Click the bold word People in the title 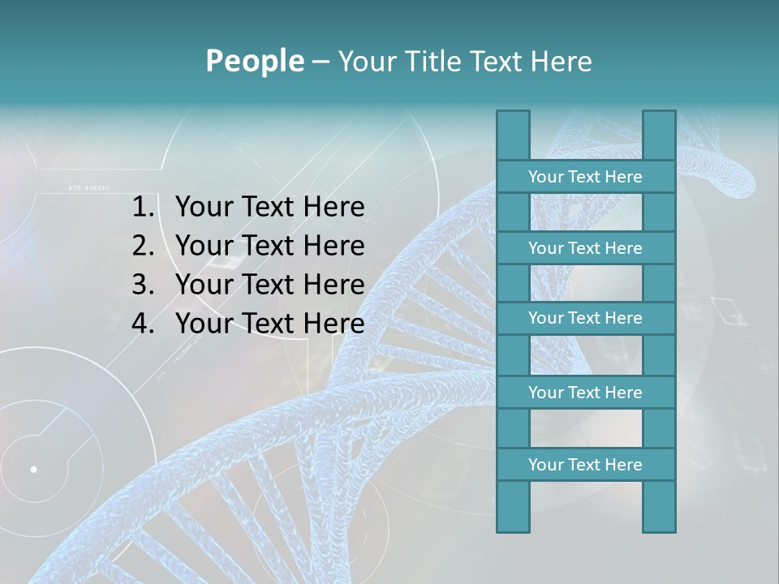pyautogui.click(x=254, y=61)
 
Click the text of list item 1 pyautogui.click(x=269, y=208)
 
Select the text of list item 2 pyautogui.click(x=269, y=246)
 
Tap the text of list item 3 pyautogui.click(x=269, y=285)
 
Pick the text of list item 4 pyautogui.click(x=269, y=324)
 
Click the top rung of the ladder pyautogui.click(x=585, y=177)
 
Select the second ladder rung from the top pyautogui.click(x=585, y=248)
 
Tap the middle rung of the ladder pyautogui.click(x=585, y=318)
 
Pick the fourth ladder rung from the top pyautogui.click(x=585, y=393)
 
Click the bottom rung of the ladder pyautogui.click(x=585, y=465)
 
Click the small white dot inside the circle pyautogui.click(x=33, y=469)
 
